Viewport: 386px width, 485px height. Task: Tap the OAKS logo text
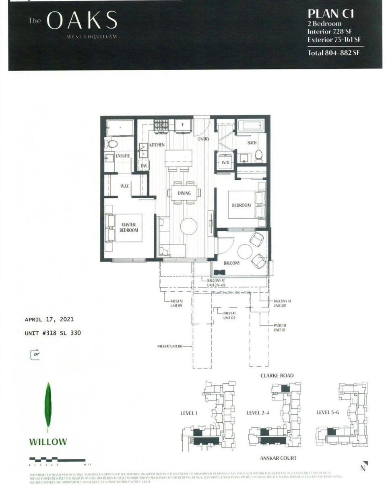[x=82, y=21]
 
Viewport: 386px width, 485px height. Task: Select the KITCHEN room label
[x=157, y=145]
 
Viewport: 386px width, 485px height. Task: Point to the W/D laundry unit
[x=225, y=162]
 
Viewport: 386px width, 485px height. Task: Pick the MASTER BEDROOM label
[x=128, y=227]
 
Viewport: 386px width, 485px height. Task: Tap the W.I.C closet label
[x=124, y=186]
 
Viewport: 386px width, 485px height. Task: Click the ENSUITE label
[x=122, y=156]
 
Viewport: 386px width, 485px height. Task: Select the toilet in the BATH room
[x=259, y=155]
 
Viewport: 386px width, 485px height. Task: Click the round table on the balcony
[x=245, y=252]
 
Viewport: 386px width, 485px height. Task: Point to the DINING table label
[x=184, y=193]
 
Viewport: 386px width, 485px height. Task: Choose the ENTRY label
[x=204, y=139]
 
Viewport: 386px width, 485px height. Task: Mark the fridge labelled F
[x=182, y=125]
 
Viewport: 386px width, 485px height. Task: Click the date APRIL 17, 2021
[x=49, y=320]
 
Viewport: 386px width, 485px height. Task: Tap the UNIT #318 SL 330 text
[x=55, y=333]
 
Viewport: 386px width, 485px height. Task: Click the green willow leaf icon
[x=48, y=407]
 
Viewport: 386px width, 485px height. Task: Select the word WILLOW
[x=48, y=442]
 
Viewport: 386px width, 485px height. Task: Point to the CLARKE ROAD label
[x=277, y=376]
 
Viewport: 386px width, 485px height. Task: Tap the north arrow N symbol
[x=363, y=467]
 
